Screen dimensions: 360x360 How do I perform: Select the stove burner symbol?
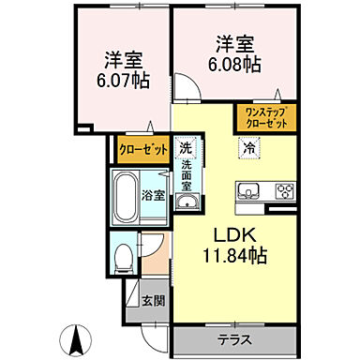click(282, 190)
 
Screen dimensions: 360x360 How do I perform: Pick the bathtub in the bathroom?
click(127, 196)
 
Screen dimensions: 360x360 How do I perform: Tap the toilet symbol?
click(121, 255)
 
